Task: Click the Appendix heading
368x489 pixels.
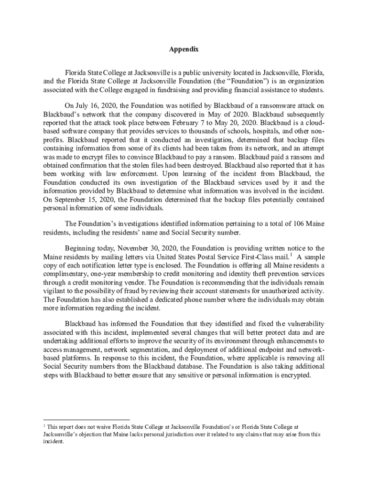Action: point(184,50)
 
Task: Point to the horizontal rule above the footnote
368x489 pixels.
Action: point(86,420)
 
